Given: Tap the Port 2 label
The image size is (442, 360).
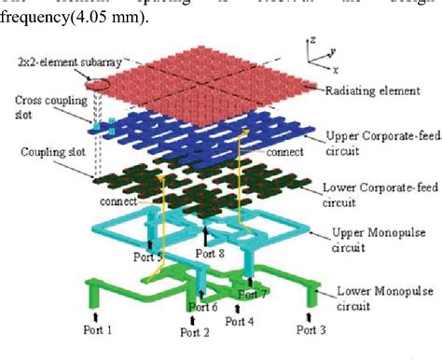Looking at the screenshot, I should tap(196, 332).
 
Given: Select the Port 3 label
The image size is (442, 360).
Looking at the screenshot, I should tap(311, 329).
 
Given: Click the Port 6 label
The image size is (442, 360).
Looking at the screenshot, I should tap(206, 305).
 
